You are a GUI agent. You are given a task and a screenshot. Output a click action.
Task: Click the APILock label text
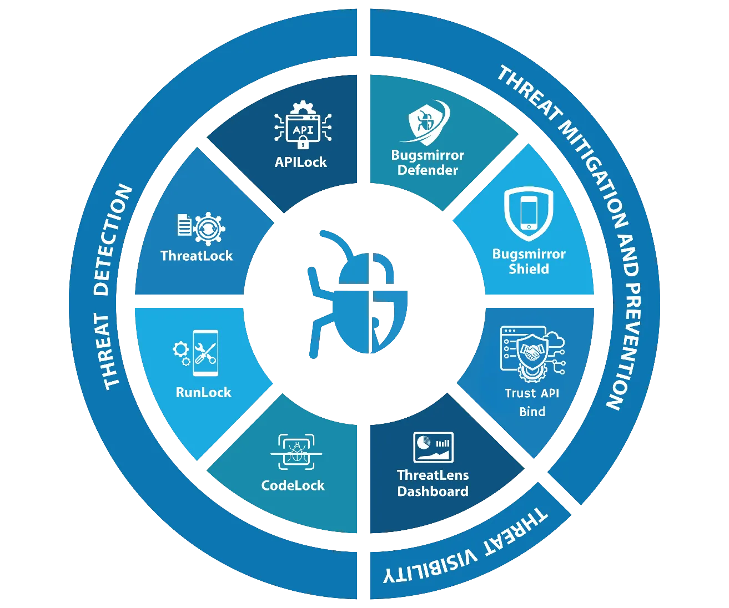coord(300,162)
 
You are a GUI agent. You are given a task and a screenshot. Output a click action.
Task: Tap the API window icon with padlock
coord(303,125)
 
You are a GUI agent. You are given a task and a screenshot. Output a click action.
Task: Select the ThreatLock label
coord(197,256)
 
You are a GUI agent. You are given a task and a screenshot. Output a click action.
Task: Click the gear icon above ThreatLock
coord(209,229)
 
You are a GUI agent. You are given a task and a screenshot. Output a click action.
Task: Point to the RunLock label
coord(204,392)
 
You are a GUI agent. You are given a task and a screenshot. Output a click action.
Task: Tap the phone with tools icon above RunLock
coord(205,353)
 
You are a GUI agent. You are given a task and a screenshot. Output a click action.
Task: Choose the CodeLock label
coord(293,485)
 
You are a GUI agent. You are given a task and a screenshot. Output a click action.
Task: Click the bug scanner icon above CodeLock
coord(296,452)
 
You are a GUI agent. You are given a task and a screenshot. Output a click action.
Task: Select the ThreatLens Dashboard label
coord(433,483)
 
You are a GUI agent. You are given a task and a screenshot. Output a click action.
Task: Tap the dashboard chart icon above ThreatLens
coord(433,447)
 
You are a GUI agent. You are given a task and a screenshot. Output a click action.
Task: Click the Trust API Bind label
coord(532,402)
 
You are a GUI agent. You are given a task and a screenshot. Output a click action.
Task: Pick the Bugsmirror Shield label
coord(529,261)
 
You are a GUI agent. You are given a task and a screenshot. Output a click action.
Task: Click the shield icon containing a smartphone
coord(529,214)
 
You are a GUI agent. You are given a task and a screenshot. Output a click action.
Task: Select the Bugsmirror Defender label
coord(428,162)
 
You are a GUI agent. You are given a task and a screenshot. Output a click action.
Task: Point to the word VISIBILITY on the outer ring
coord(430,568)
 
